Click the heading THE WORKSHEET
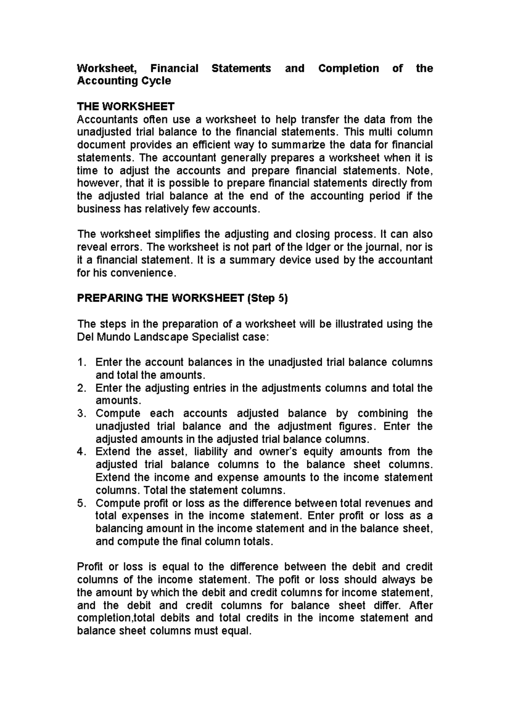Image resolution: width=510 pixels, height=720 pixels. point(125,106)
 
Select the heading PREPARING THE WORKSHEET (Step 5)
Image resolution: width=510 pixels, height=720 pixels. point(182,298)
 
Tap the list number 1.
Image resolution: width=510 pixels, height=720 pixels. point(81,363)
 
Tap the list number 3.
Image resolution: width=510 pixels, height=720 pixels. point(81,413)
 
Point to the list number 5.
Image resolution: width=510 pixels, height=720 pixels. point(81,503)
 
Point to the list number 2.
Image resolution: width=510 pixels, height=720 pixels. point(81,388)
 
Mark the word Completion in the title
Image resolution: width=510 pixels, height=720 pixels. point(348,68)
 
